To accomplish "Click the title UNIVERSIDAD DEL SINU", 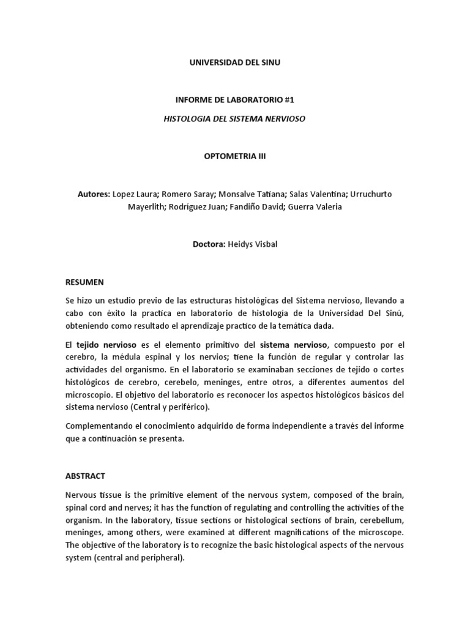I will point(234,62).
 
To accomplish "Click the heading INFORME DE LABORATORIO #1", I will point(234,99).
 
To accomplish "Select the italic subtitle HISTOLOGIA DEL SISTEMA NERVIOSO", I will point(234,118).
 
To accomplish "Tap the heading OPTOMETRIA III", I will point(234,156).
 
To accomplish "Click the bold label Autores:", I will point(94,194).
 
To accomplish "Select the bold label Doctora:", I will point(209,244).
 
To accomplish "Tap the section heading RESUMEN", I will point(84,282).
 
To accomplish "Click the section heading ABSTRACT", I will point(85,475).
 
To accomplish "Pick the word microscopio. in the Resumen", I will point(88,395).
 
